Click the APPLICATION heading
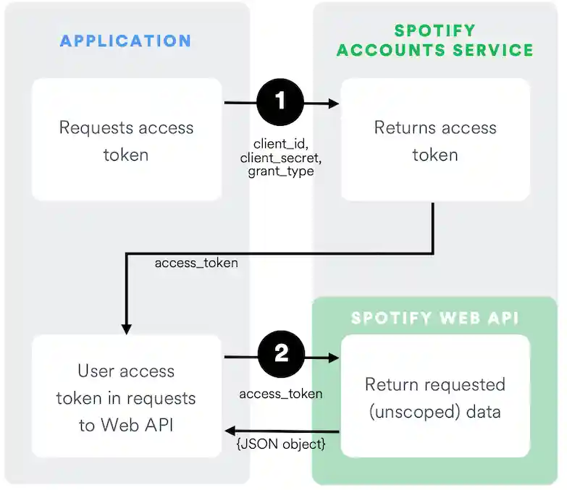[125, 40]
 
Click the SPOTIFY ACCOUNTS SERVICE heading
[434, 41]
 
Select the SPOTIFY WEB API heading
[434, 318]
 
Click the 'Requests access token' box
[126, 140]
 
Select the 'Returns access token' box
[434, 140]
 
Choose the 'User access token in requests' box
[126, 397]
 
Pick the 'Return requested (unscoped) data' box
[434, 397]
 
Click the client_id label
[280, 144]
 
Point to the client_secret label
[280, 158]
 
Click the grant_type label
[280, 172]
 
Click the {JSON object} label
[280, 444]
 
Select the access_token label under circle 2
[280, 394]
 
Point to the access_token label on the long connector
[196, 263]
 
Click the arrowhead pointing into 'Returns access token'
[335, 104]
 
